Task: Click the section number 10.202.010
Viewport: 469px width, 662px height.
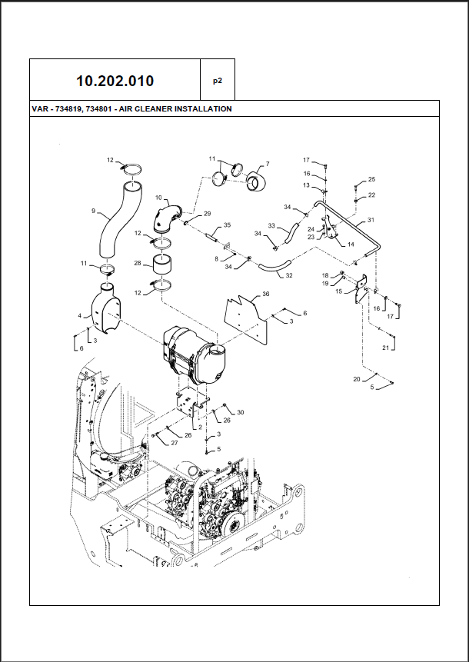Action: click(x=115, y=80)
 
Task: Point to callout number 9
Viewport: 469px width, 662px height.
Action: click(x=93, y=211)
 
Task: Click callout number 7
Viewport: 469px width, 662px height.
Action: click(x=268, y=164)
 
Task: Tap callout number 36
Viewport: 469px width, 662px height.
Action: click(x=266, y=294)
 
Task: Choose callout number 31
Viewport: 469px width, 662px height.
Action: click(x=371, y=221)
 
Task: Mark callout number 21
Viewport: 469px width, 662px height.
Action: click(x=386, y=348)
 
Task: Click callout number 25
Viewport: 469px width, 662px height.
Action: click(x=372, y=179)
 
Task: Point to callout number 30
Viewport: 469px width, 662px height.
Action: click(x=240, y=413)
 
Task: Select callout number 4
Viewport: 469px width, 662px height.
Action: click(x=78, y=315)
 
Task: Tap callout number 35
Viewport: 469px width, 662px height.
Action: click(x=227, y=225)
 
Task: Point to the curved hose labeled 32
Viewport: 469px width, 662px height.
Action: click(x=271, y=269)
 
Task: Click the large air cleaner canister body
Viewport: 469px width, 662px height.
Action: click(x=192, y=356)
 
